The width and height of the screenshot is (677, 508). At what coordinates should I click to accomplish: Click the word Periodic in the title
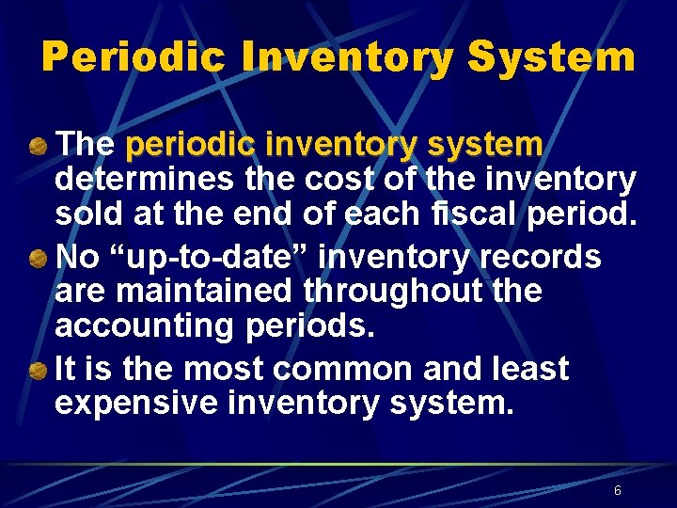tap(134, 57)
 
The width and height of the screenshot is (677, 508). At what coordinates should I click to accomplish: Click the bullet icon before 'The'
tap(39, 147)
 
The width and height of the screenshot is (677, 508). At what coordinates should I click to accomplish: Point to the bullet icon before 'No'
tap(39, 258)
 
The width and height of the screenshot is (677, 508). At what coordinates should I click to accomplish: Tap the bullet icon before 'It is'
tap(39, 370)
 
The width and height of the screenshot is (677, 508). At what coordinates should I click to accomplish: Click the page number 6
tap(617, 490)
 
